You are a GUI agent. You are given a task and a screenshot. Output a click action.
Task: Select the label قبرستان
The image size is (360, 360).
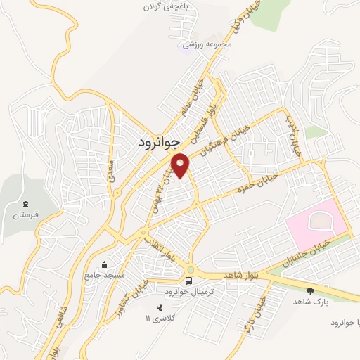click(25, 214)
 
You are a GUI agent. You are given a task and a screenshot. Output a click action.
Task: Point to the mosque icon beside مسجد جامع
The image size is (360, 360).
click(105, 264)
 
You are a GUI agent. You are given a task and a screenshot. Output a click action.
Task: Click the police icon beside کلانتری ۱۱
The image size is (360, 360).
click(159, 307)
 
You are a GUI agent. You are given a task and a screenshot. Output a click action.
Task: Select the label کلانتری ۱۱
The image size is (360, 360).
click(157, 318)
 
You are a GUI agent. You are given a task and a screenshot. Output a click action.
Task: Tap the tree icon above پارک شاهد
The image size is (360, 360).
click(310, 290)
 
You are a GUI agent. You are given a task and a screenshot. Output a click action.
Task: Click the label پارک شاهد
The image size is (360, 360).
click(310, 301)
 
